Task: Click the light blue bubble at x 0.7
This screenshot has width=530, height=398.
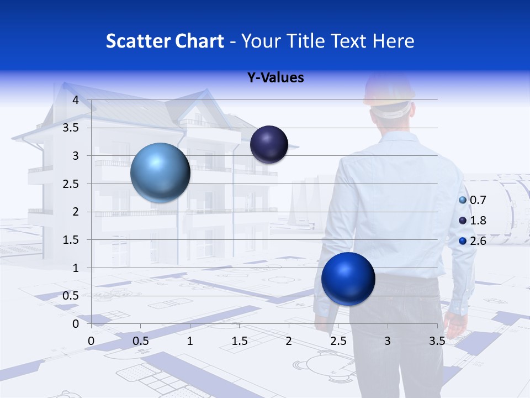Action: tap(160, 172)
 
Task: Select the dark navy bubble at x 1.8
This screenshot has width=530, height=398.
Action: tap(269, 144)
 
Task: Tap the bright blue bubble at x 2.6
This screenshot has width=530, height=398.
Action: tap(348, 279)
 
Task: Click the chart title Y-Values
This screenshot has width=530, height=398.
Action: tap(275, 77)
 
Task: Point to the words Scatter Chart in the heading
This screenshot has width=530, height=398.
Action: tap(165, 41)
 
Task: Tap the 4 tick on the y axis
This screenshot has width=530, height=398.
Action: tap(76, 100)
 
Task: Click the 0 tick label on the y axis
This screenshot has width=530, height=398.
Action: tap(76, 324)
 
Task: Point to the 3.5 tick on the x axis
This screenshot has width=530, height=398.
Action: tap(437, 341)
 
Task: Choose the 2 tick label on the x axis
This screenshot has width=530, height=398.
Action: tap(288, 341)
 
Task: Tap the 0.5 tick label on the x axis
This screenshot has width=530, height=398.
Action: tap(140, 341)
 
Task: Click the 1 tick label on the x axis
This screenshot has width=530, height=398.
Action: tap(190, 341)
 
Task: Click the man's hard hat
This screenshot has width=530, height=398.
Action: tap(389, 94)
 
